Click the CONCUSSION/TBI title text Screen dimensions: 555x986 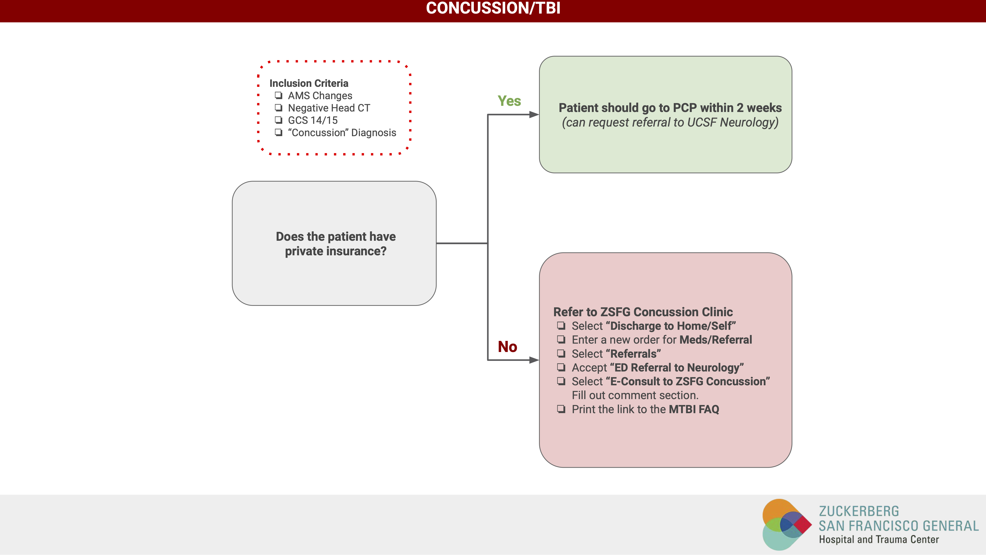(493, 8)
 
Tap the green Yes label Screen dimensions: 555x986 (509, 101)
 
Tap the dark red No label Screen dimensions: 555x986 (507, 347)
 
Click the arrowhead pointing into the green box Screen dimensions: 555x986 (534, 114)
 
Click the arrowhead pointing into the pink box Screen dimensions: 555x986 (534, 360)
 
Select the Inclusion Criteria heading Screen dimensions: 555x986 (309, 83)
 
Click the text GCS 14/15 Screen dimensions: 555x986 (313, 120)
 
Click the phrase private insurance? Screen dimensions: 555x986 (336, 251)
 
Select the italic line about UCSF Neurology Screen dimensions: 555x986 (670, 122)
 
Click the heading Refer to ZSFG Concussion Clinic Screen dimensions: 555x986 (643, 312)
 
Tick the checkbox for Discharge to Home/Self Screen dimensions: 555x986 (561, 326)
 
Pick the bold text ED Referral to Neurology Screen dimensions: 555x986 (677, 368)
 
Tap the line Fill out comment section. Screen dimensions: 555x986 (635, 395)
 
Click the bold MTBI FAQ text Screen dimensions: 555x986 (694, 409)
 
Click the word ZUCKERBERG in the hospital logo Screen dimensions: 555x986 (859, 511)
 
